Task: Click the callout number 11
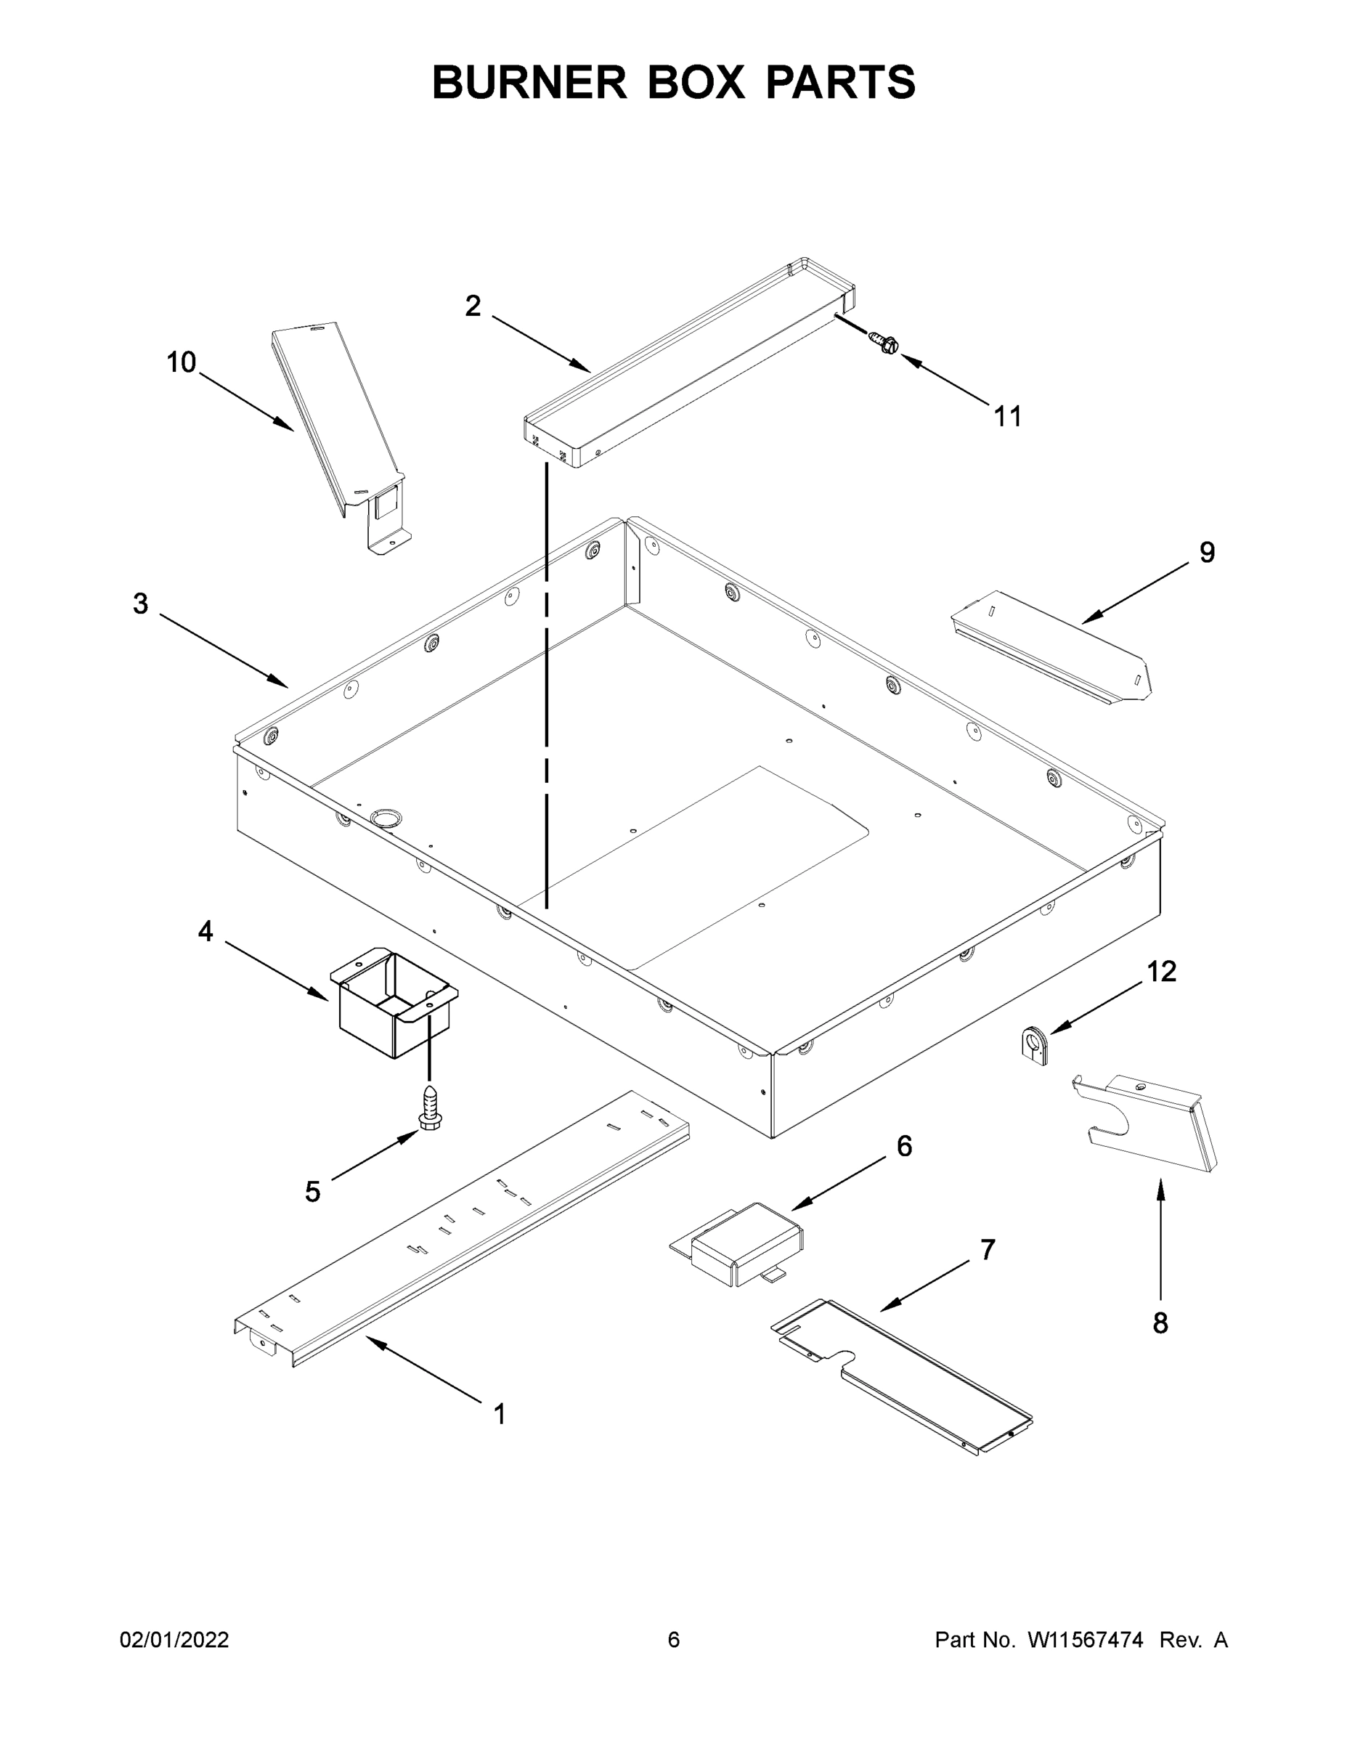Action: [x=1007, y=416]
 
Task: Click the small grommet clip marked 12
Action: [x=1035, y=1046]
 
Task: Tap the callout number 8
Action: [x=1160, y=1323]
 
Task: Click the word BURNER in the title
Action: [x=529, y=82]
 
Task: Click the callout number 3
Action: [x=140, y=604]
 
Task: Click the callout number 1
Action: [x=500, y=1414]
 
